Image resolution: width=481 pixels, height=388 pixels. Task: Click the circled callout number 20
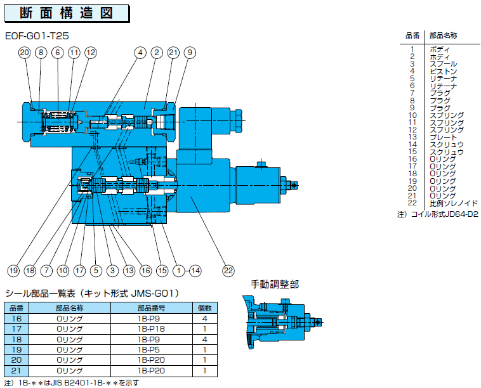[x=25, y=53]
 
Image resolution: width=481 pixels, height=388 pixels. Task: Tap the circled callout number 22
[x=228, y=271]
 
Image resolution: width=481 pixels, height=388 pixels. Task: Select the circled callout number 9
[x=190, y=53]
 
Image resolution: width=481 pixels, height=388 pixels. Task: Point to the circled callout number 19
[x=13, y=271]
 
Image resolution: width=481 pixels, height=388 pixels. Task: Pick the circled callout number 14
[x=195, y=271]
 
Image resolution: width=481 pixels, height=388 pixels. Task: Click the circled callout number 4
[x=140, y=53]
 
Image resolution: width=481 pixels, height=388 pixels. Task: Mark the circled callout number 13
[x=129, y=271]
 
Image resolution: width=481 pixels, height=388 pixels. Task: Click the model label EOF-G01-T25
[x=37, y=36]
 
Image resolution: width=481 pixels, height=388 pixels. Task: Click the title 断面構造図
[x=66, y=13]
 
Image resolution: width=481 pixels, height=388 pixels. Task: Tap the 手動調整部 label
[x=275, y=285]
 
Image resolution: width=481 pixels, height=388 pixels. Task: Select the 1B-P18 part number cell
[x=151, y=329]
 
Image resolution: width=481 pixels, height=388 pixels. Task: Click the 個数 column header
[x=204, y=308]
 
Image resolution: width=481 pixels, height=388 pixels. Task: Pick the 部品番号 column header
[x=151, y=308]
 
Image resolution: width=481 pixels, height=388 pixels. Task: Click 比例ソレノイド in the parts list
[x=454, y=204]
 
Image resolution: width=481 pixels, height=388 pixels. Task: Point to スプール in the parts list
[x=444, y=64]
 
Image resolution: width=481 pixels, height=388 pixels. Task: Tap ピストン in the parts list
[x=444, y=72]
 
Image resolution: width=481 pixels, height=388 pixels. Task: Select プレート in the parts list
[x=444, y=138]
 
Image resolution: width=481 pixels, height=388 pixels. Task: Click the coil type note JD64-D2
[x=438, y=214]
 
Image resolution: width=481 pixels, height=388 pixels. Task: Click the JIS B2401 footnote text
[x=72, y=383]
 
